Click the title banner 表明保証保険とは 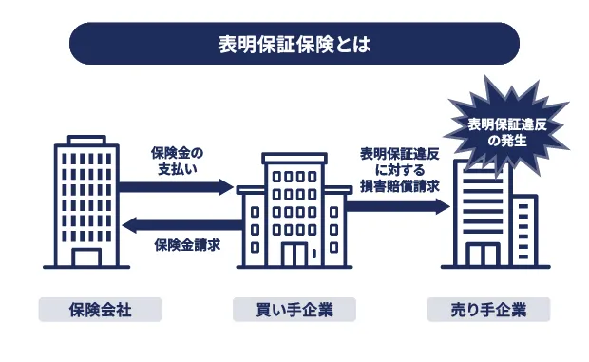click(294, 44)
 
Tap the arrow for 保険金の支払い click(176, 187)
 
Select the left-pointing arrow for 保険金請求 click(176, 225)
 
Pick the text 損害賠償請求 click(400, 186)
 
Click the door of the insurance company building click(85, 257)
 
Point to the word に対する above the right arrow click(400, 169)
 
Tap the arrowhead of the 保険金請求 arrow click(131, 225)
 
